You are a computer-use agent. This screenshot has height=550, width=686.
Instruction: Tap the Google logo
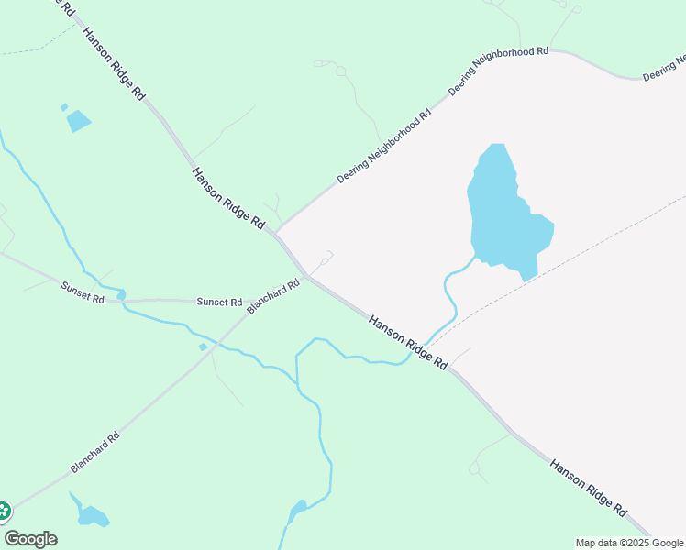tap(30, 539)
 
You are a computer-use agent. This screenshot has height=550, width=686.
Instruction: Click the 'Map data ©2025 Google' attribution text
tap(629, 543)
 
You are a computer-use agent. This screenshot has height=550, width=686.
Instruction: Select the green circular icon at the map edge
tap(3, 511)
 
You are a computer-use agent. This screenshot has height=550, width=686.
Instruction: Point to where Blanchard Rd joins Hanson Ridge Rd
tap(309, 275)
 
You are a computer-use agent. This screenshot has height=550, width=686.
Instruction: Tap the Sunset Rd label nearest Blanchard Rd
tap(219, 302)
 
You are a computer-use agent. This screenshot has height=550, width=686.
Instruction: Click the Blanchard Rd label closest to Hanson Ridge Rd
tap(273, 297)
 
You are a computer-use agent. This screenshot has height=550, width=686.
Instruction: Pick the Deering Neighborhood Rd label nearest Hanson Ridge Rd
tap(384, 147)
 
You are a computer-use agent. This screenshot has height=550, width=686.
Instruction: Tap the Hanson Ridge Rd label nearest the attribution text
tap(589, 488)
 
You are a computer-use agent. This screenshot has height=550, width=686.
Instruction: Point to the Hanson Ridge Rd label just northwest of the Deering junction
tap(228, 198)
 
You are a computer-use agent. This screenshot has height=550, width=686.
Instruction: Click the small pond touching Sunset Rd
tap(121, 295)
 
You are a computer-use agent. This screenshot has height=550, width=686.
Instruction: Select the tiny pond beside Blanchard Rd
tap(203, 346)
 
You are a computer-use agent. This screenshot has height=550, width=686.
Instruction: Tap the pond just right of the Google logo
tap(92, 517)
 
